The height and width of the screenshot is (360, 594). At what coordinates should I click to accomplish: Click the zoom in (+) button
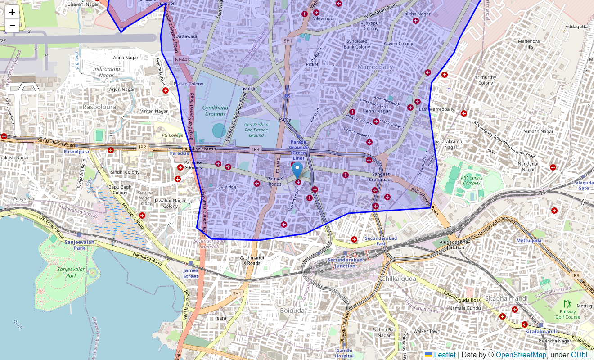(12, 12)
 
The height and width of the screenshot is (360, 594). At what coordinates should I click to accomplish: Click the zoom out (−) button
(12, 26)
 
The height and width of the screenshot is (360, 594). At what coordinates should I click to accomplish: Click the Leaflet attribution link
(444, 355)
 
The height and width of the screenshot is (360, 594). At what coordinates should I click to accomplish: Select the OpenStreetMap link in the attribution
(521, 355)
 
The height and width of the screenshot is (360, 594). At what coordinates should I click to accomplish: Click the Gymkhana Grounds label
(215, 111)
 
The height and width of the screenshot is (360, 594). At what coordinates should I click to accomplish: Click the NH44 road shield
(181, 59)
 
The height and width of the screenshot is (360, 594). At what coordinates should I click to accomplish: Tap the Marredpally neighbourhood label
(375, 67)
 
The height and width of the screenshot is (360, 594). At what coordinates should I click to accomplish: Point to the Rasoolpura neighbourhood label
(99, 107)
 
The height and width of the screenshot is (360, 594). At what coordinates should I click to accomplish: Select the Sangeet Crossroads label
(381, 176)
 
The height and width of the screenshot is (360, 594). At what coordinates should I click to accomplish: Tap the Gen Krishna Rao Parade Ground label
(256, 130)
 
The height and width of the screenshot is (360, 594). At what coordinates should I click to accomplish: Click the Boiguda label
(292, 310)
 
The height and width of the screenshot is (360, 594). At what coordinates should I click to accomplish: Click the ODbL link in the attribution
(580, 355)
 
